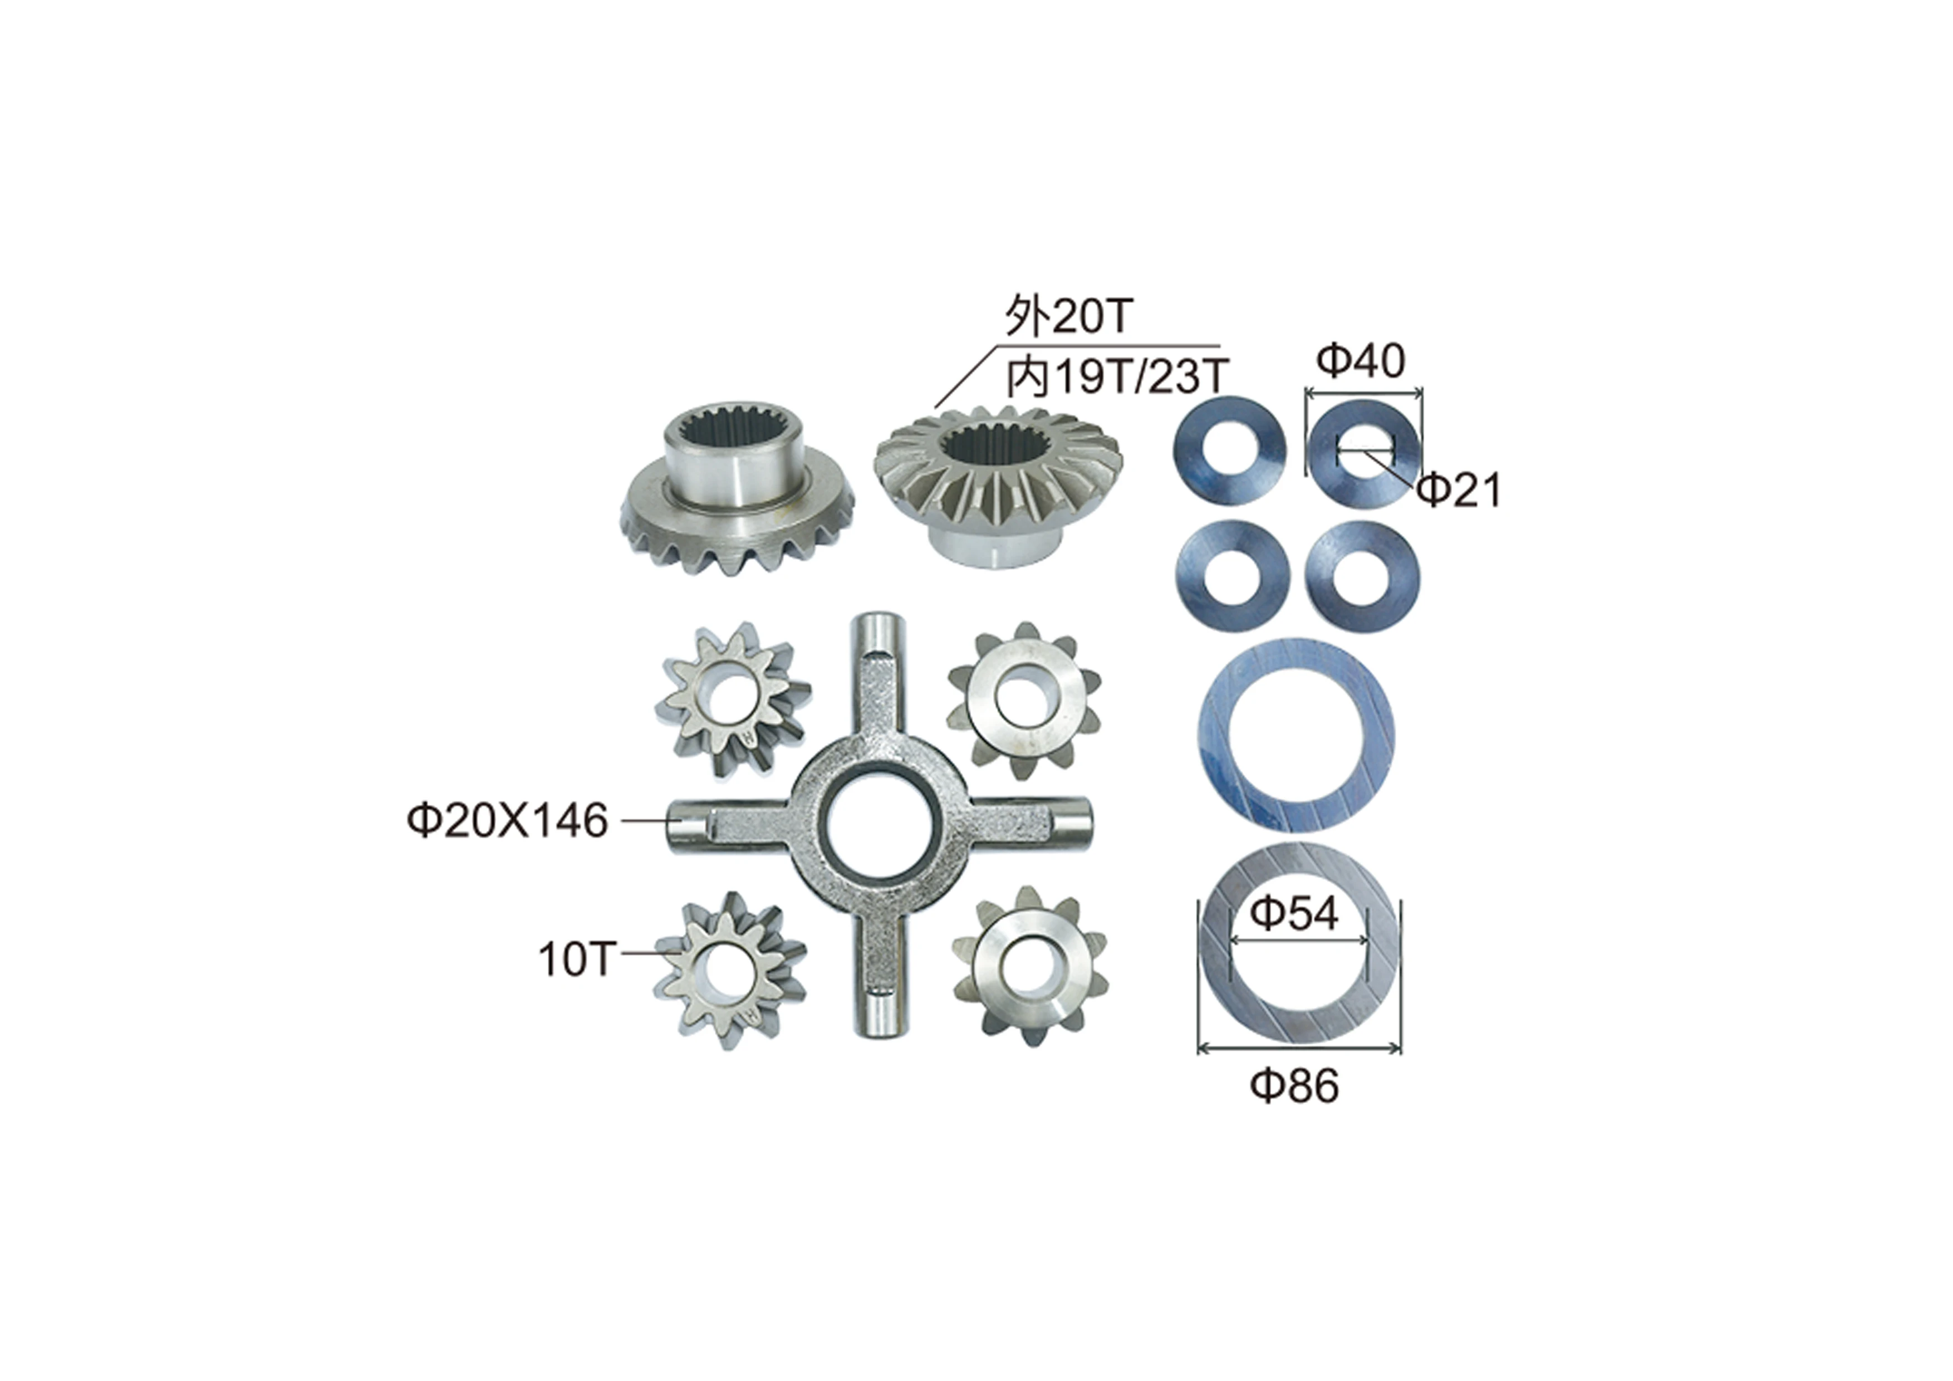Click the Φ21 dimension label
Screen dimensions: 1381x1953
coord(1459,490)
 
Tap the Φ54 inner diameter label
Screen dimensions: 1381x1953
coord(1294,914)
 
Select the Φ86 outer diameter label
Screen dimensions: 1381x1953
coord(1294,1086)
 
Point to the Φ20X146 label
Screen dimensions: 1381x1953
coord(508,821)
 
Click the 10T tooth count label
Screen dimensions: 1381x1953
coord(574,960)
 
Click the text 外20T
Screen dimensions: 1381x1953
coord(1069,316)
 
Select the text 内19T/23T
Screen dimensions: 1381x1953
coord(1117,377)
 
